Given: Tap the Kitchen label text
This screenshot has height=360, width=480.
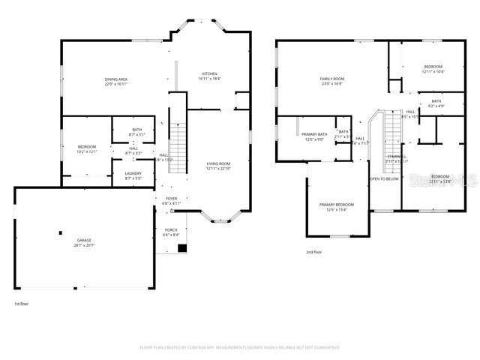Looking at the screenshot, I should [209, 73].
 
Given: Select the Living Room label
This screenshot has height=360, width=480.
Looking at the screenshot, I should [218, 163].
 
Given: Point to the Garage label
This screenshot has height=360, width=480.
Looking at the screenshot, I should [83, 241].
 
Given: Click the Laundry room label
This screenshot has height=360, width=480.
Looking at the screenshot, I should [133, 174].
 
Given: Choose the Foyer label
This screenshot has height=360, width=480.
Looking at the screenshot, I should [172, 199].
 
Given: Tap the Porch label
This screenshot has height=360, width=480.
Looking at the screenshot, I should [171, 229].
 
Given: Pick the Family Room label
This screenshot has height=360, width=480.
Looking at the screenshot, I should [331, 79].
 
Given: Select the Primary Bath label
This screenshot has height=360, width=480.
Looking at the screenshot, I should [314, 134].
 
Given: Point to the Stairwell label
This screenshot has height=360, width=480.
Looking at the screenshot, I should [397, 155].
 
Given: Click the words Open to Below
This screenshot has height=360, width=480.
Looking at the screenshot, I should [383, 179].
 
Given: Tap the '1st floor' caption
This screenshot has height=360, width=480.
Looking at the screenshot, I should [22, 304].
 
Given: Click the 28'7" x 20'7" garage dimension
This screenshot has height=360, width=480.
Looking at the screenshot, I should [83, 245].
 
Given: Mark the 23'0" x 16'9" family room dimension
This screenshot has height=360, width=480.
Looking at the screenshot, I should [331, 83].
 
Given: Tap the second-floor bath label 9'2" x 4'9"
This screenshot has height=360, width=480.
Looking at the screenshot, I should [436, 106].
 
